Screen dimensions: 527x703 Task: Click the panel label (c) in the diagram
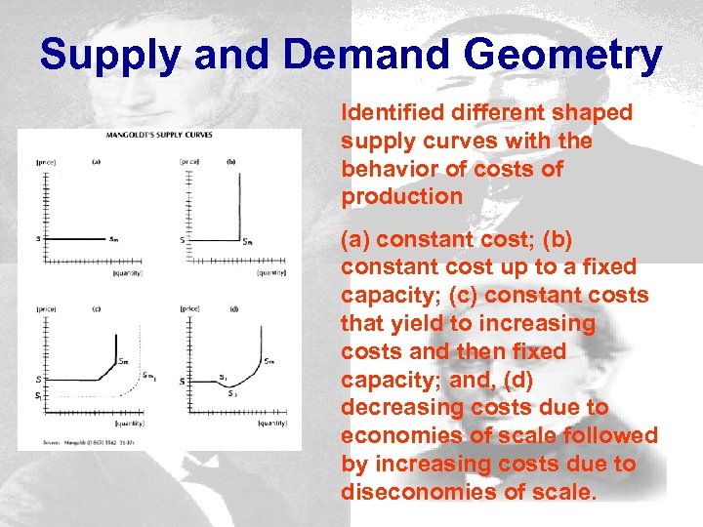(96, 309)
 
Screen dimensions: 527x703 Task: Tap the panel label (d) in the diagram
(233, 309)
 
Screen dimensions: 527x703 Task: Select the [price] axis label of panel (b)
(191, 160)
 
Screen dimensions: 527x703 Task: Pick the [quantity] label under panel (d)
(272, 424)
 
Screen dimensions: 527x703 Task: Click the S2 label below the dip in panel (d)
(231, 393)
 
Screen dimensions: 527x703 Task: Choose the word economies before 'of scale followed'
(395, 435)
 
